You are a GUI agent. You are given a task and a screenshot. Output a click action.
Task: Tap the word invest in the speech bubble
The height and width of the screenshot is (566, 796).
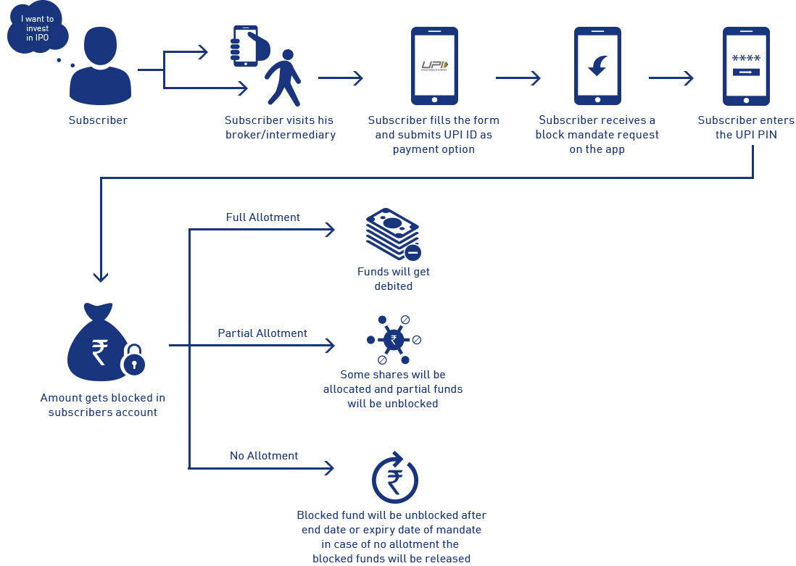click(38, 28)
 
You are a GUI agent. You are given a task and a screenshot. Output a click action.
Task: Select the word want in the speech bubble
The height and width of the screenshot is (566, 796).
click(36, 19)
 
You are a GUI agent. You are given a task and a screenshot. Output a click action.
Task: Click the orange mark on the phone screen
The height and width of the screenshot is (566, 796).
click(444, 65)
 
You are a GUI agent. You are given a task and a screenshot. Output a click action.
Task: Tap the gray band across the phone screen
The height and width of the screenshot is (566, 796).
click(434, 65)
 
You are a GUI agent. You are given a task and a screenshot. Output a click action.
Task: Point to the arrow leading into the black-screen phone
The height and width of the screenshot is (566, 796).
click(357, 78)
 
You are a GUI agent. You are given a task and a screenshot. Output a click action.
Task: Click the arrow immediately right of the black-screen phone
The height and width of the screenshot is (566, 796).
click(536, 78)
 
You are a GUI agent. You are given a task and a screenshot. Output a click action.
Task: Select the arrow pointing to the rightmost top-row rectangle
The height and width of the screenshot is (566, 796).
click(687, 78)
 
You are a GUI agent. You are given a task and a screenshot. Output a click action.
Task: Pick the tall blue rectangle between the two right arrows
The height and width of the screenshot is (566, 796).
click(600, 67)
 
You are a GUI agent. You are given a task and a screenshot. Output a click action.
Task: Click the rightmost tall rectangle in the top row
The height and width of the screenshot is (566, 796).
click(745, 67)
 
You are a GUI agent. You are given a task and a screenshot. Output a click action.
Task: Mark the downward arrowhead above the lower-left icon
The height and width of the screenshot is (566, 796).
click(101, 278)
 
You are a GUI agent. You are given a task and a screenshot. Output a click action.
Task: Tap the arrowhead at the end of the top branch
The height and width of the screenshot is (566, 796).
click(331, 229)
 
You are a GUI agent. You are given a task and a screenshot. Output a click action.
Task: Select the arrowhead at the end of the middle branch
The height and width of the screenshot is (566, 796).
click(331, 345)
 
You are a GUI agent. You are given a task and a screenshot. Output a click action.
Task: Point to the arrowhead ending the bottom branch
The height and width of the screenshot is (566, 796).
click(328, 467)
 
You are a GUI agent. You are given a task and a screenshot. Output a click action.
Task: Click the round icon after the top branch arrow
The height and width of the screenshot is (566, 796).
click(394, 233)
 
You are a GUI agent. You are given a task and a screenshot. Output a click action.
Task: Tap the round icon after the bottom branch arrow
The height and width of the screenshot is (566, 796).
click(396, 478)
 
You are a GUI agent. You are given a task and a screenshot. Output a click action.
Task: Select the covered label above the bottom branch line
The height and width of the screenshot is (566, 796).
click(263, 457)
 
